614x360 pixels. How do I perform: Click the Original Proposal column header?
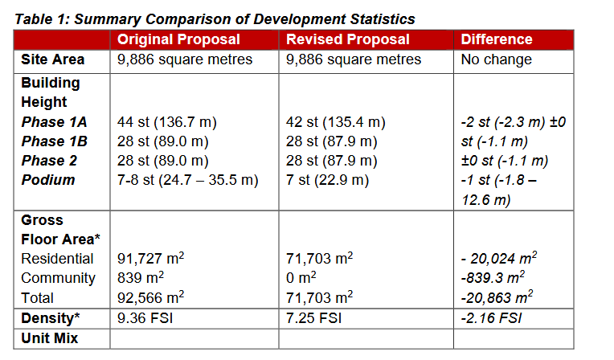(178, 39)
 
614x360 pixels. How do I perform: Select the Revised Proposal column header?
(347, 39)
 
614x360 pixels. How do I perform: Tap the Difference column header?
(496, 39)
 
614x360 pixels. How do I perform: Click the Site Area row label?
(53, 59)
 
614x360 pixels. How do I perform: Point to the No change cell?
(496, 59)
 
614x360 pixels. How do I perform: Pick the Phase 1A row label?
(54, 122)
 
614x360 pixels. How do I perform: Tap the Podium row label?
(48, 180)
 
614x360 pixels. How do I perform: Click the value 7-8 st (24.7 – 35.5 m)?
(188, 180)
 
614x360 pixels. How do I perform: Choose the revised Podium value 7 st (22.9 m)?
(327, 180)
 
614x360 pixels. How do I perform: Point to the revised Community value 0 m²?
(305, 278)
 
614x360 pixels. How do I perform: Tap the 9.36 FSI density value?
(145, 318)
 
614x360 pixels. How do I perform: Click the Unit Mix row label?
(50, 338)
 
